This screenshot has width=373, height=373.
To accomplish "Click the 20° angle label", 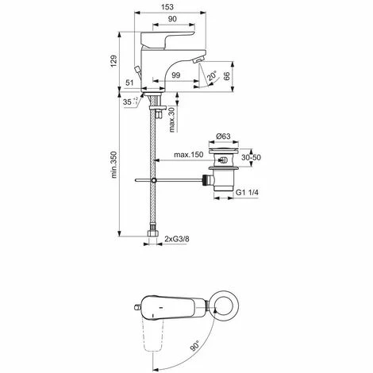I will (210, 77).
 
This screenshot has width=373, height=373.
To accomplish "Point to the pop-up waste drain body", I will (226, 179).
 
